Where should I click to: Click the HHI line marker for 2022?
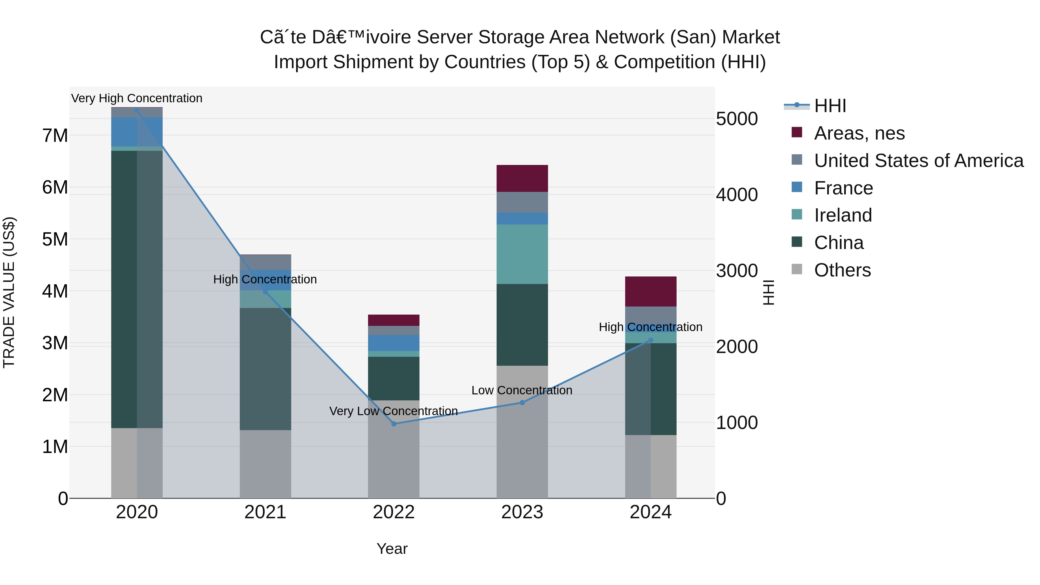point(394,424)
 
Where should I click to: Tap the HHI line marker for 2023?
point(522,402)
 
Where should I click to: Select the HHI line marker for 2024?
point(650,340)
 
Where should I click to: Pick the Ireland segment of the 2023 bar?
point(522,254)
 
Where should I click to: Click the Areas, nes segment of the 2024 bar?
point(650,291)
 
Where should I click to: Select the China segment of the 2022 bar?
point(394,378)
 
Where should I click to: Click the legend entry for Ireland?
point(843,215)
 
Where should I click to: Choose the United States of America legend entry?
point(918,160)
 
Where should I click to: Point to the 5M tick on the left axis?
point(55,239)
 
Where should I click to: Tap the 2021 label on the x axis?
point(265,512)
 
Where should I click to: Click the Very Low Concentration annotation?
point(394,411)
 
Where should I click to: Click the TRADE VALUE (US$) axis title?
point(9,292)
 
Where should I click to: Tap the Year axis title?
point(392,549)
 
